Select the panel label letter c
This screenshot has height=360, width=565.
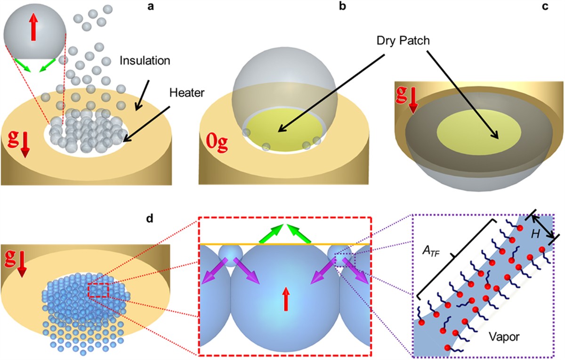556,8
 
